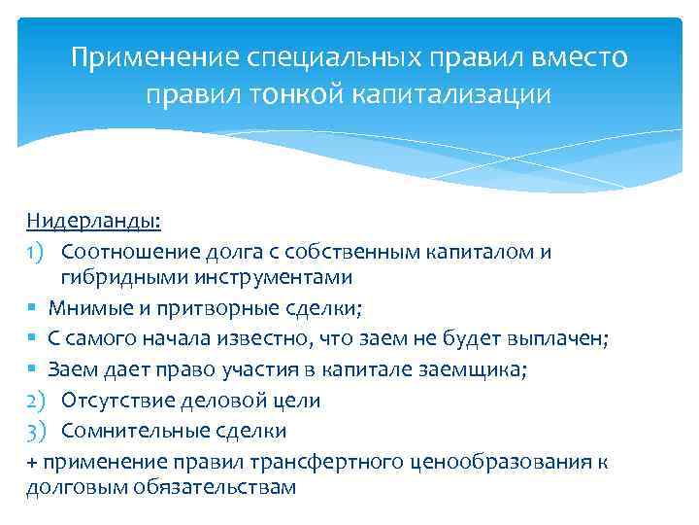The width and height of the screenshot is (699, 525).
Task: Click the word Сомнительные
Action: [x=127, y=431]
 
